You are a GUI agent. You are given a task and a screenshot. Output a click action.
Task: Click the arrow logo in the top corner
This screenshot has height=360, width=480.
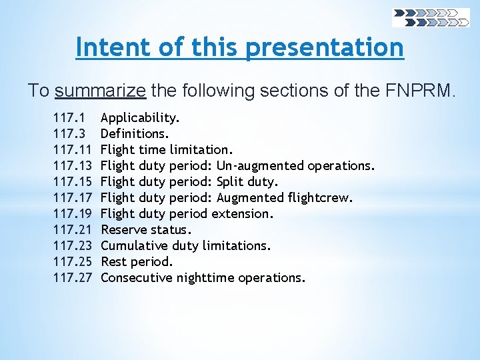point(430,17)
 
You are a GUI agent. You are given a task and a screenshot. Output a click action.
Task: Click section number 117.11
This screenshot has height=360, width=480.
point(71,150)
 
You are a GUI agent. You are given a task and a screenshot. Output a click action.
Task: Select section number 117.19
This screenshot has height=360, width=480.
point(72,214)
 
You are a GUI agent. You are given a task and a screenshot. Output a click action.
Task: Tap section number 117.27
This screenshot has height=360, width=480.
point(72,278)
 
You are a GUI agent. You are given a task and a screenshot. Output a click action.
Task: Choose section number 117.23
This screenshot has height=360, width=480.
point(72,246)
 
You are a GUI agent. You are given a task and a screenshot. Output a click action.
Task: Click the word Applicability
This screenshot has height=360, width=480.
point(140,118)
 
